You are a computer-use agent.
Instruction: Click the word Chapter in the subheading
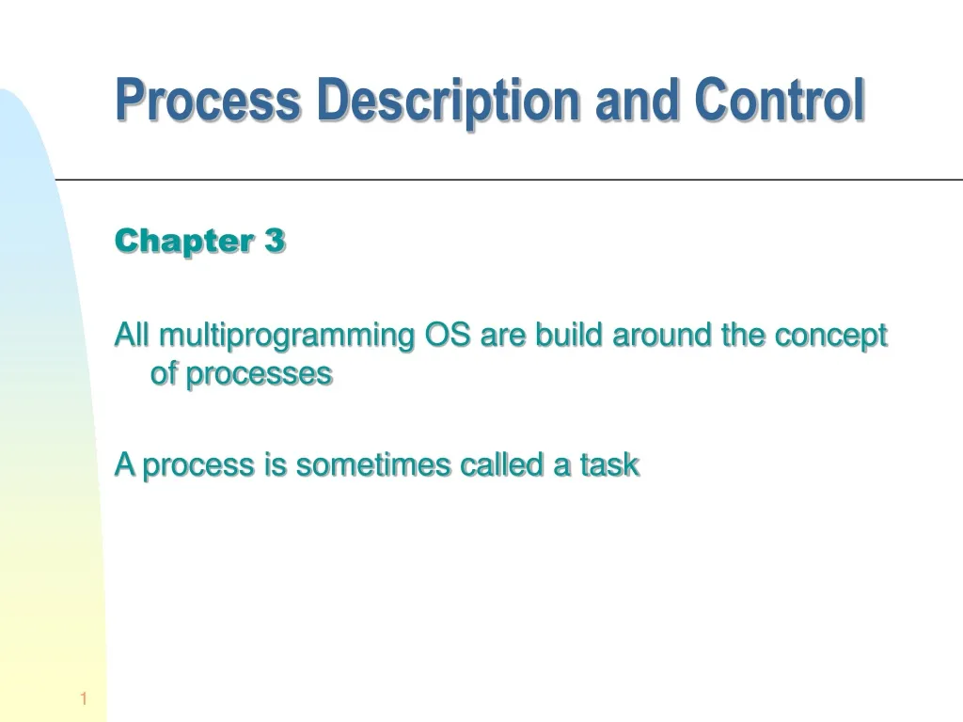tap(179, 242)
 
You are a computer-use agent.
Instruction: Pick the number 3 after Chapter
tap(274, 242)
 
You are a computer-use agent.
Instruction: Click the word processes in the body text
tap(259, 374)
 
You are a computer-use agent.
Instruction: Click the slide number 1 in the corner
tap(84, 698)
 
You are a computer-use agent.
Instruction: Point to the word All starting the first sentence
tap(133, 335)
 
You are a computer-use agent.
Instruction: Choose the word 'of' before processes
tap(164, 374)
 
